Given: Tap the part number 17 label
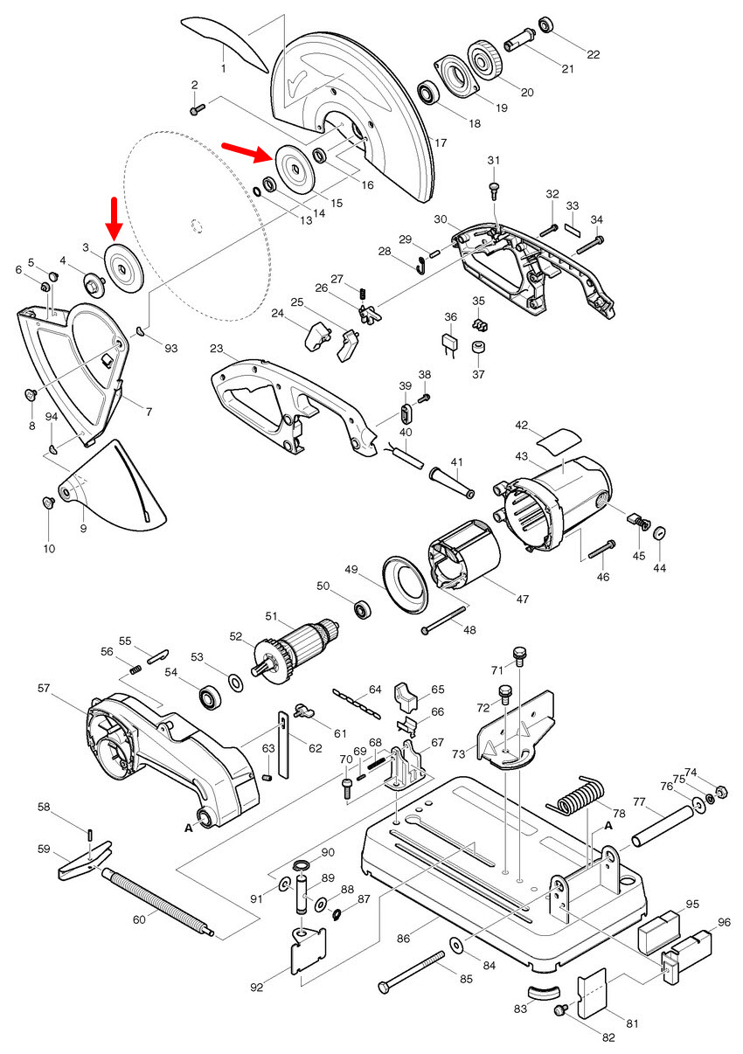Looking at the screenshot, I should click(440, 142).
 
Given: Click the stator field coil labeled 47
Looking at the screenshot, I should click(462, 567).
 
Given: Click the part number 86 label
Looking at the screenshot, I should click(403, 937).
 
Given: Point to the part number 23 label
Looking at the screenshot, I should click(218, 348).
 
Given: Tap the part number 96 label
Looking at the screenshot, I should click(724, 922).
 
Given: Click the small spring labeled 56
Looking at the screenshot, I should click(135, 669).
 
